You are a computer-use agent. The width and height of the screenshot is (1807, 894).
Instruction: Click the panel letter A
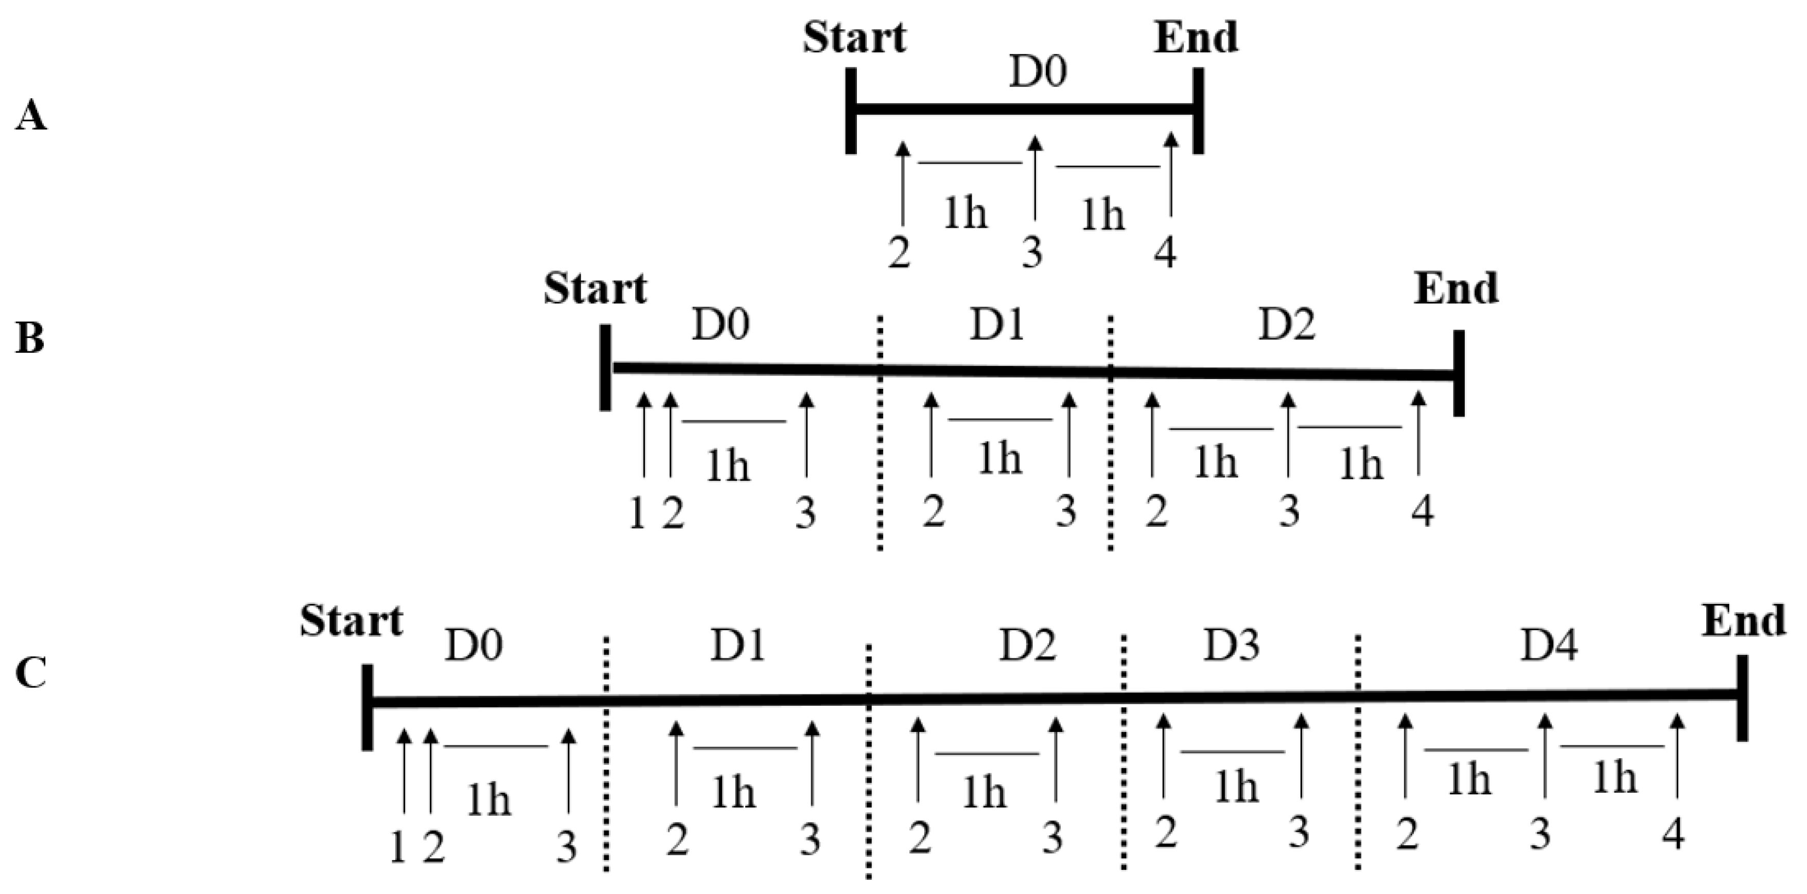(30, 116)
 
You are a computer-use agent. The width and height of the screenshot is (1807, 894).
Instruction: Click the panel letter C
(31, 674)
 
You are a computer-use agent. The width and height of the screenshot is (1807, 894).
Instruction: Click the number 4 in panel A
(1165, 253)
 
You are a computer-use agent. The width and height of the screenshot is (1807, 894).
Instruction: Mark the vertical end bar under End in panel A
(1199, 110)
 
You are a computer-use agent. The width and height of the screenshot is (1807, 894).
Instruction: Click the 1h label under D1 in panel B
(999, 459)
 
